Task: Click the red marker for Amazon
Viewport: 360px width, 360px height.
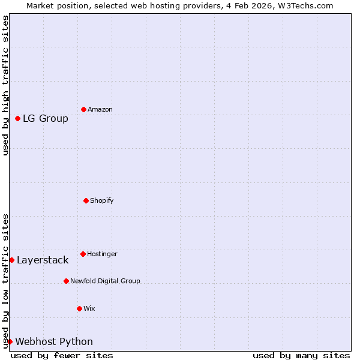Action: (83, 109)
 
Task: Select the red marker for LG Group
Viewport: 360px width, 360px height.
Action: (18, 118)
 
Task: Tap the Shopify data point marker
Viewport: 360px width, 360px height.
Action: (86, 200)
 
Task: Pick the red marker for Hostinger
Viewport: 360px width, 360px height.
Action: (83, 254)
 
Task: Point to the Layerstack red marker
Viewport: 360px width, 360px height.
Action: (11, 260)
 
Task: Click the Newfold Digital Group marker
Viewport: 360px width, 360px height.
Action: (66, 281)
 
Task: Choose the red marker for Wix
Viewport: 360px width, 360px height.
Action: (79, 308)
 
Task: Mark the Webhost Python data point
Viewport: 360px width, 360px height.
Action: (10, 341)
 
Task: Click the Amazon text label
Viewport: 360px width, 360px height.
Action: (100, 109)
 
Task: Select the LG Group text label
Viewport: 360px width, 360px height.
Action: (46, 118)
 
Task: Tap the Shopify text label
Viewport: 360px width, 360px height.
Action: (102, 200)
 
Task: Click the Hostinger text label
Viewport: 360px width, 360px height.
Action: (102, 254)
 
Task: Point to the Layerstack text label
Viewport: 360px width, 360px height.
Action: (43, 260)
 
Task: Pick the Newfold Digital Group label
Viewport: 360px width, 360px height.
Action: (105, 281)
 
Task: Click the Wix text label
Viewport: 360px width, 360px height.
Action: (89, 308)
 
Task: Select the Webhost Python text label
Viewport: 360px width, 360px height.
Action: (54, 341)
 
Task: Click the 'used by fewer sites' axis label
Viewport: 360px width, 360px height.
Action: (62, 355)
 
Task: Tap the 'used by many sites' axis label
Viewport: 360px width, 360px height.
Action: (301, 355)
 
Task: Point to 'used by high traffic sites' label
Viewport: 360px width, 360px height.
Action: (5, 85)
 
